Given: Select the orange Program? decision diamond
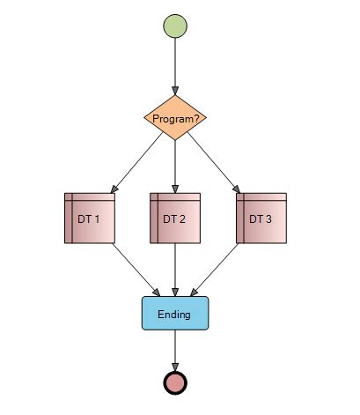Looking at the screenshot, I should point(176,119).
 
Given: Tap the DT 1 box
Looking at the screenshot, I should point(91,218).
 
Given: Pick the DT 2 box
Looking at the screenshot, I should point(176,218).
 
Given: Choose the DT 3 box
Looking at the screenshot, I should point(261,218).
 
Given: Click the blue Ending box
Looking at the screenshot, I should point(176,314).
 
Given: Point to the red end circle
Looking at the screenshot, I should point(176,382).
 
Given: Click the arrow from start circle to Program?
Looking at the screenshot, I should point(176,66).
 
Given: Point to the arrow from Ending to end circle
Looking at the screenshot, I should point(176,350).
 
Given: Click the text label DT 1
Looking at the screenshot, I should point(91,219).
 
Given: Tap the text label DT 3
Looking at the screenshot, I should point(261,219).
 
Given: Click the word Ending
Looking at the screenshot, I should point(174,315).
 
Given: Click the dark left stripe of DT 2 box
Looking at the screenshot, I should point(155,220).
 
